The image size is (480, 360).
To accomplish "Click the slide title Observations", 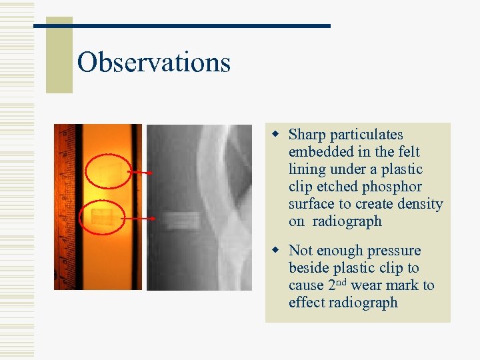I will (153, 63).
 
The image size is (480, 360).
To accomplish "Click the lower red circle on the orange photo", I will (102, 217).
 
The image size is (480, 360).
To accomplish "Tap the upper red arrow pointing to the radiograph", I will (140, 173).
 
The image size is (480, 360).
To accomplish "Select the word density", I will (421, 205).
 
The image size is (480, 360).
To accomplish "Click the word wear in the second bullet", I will (366, 286).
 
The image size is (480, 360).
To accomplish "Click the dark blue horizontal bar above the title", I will (182, 26).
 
